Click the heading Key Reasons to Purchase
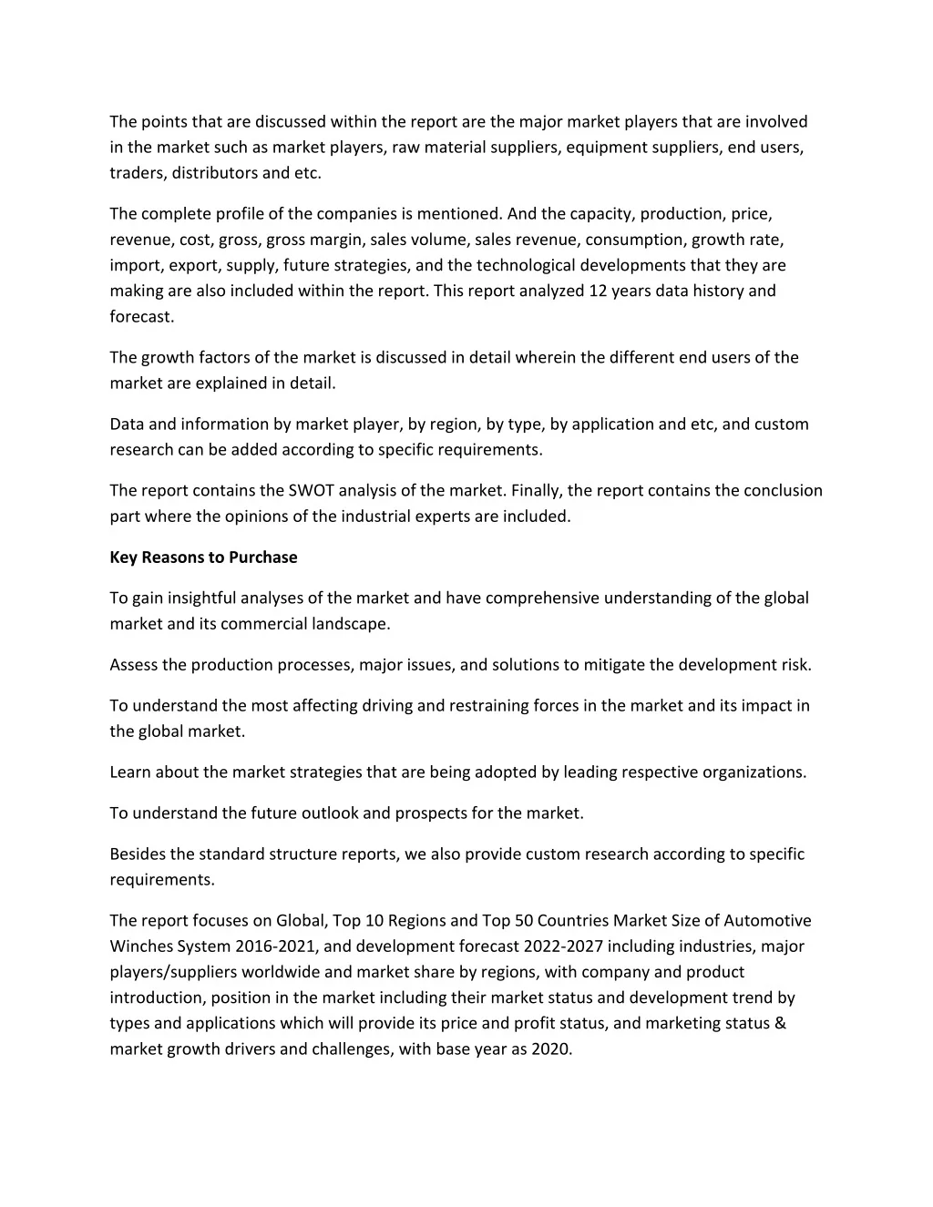(203, 557)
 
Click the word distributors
(214, 173)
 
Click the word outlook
(351, 813)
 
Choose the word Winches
(141, 946)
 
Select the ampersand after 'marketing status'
(780, 1023)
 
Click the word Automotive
(767, 921)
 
